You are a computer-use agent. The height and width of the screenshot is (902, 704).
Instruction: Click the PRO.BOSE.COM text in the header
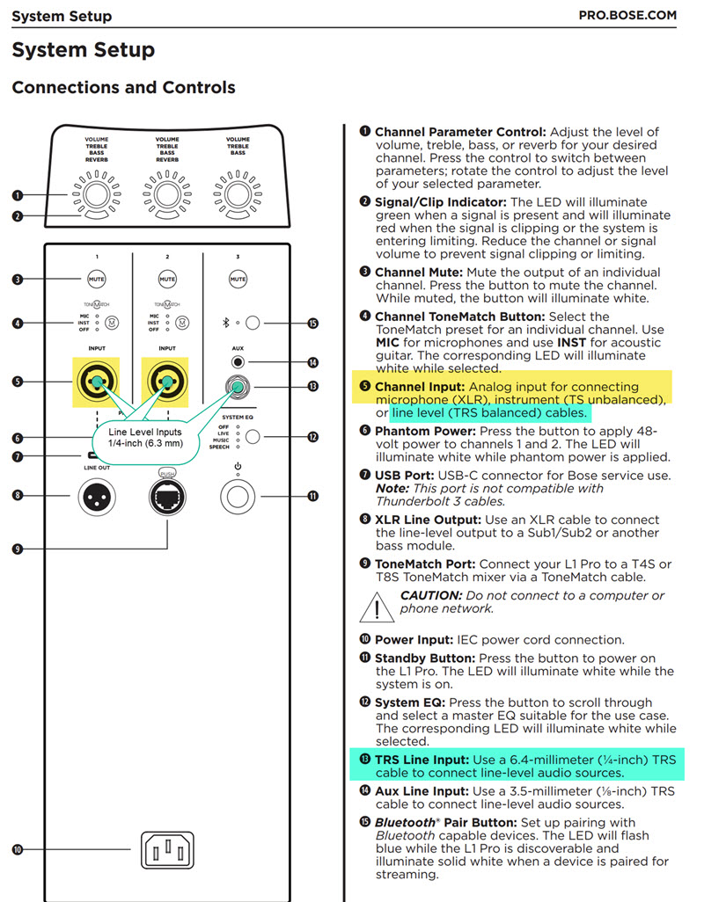pos(627,16)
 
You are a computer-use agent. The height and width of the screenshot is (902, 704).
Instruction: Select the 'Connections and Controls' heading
pos(123,88)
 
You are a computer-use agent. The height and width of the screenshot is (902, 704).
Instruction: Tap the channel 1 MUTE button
pos(97,280)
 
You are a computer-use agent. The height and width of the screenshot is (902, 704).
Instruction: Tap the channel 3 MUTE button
pos(238,280)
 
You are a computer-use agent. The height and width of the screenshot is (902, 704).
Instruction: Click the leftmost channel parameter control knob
pos(97,193)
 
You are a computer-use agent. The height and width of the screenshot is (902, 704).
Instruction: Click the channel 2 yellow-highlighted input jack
pos(167,382)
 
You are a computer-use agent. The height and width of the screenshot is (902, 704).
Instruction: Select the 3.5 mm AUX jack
pos(238,361)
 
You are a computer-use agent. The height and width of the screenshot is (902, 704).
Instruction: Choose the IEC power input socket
pos(167,850)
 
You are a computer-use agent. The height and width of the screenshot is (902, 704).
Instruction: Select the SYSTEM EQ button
pos(253,435)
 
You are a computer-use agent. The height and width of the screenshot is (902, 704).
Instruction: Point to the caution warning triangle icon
pos(379,607)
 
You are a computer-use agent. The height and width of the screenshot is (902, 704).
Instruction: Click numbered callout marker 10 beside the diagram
pos(18,849)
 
